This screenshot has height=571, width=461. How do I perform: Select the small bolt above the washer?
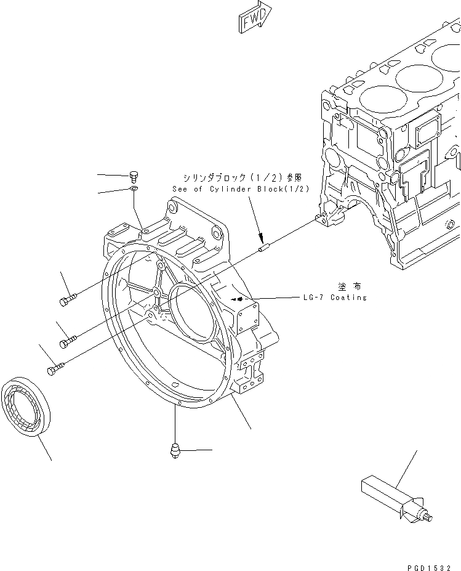click(x=134, y=177)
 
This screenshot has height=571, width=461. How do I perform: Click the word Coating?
click(x=348, y=298)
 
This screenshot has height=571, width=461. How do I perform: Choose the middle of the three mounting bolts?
click(x=68, y=339)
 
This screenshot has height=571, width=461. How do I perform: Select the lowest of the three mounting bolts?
click(x=55, y=368)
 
